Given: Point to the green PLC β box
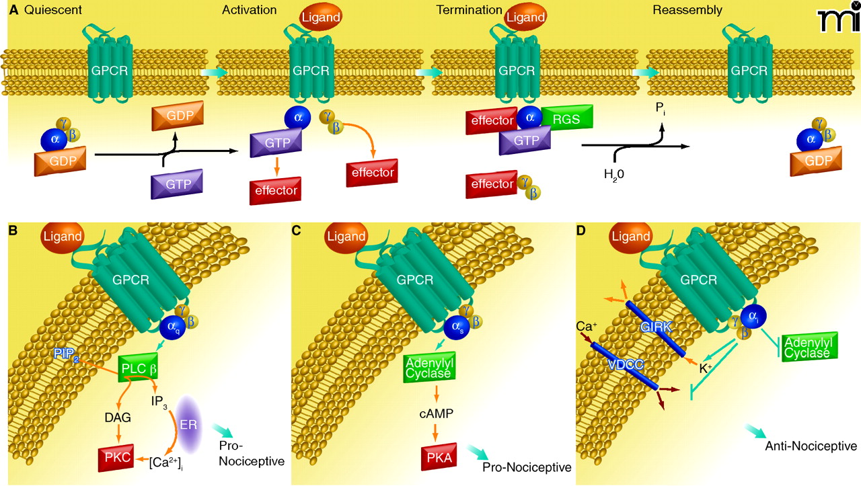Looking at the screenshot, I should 138,368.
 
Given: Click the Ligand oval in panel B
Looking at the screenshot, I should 63,238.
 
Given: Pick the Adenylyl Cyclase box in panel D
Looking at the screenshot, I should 809,346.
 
